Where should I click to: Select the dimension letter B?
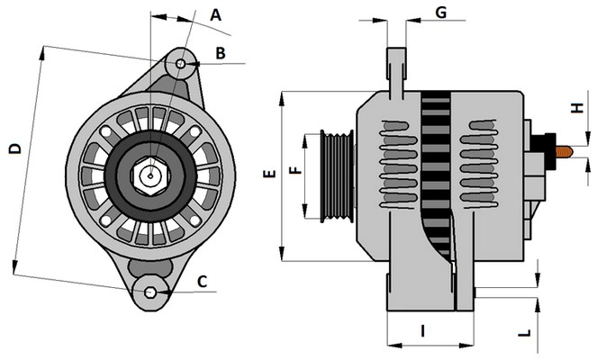[220, 54]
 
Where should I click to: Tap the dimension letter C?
[202, 282]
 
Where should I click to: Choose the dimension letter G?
[441, 12]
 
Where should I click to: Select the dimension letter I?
[422, 329]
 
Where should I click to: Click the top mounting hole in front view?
[181, 65]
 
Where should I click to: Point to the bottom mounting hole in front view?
[151, 292]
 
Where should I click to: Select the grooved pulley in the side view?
[337, 175]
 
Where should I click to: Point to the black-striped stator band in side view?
[436, 171]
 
